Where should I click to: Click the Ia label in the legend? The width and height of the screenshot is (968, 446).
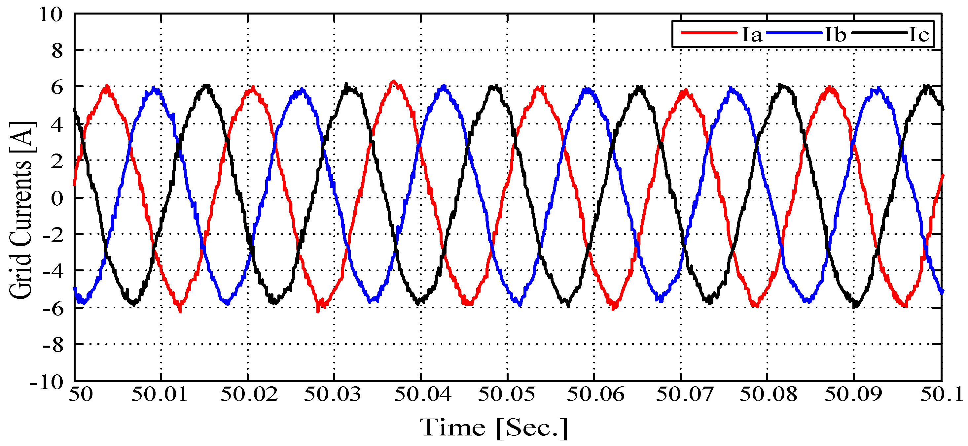point(752,35)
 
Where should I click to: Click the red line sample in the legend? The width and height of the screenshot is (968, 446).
point(709,33)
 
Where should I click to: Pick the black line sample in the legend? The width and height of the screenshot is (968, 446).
point(879,33)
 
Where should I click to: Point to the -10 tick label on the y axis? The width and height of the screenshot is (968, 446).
point(47,383)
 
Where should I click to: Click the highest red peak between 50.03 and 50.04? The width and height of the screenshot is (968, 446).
point(393,82)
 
